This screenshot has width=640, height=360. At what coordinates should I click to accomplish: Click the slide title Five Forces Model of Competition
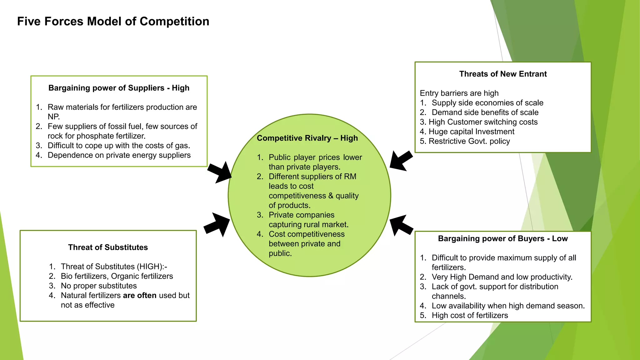[113, 22]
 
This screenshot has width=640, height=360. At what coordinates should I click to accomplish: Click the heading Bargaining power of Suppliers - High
[119, 88]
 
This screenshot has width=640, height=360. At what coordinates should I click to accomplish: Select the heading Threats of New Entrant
[503, 74]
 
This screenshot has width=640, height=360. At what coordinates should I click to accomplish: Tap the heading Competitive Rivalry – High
[307, 138]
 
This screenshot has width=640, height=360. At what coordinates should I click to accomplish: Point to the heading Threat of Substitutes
[108, 247]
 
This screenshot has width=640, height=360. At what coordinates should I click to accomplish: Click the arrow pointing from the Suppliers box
[219, 172]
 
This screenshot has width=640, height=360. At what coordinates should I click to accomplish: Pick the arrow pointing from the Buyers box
[401, 225]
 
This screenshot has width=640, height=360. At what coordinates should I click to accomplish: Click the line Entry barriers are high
[459, 93]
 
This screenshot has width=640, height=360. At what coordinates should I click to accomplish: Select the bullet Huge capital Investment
[471, 132]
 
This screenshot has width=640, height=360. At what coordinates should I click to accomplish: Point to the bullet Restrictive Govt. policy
[469, 141]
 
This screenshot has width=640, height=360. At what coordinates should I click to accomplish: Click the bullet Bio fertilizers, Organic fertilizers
[117, 276]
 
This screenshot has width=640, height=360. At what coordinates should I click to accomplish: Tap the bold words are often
[140, 296]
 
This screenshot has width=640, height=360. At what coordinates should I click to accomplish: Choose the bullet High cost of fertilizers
[470, 316]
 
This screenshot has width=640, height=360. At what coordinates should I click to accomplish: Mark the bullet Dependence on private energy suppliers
[119, 155]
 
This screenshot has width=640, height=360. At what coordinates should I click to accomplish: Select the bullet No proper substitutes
[99, 286]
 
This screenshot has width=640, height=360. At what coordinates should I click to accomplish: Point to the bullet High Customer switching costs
[483, 122]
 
